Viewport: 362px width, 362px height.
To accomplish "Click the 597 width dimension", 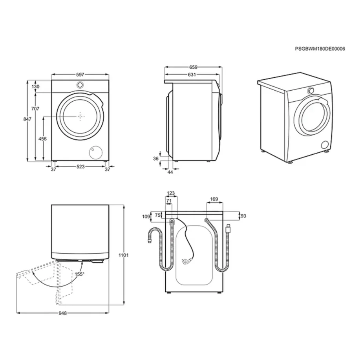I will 80,74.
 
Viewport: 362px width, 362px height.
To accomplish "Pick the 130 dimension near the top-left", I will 35,87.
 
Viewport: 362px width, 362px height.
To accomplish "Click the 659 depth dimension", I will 193,67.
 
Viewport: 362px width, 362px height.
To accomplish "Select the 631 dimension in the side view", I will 193,74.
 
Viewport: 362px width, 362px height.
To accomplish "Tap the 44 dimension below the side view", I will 170,172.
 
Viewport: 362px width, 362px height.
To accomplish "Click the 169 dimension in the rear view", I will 214,199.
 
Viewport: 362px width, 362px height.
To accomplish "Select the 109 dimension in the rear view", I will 146,216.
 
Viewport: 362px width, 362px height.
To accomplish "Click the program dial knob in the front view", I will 80,85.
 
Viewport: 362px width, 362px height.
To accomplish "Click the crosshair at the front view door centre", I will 80,117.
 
